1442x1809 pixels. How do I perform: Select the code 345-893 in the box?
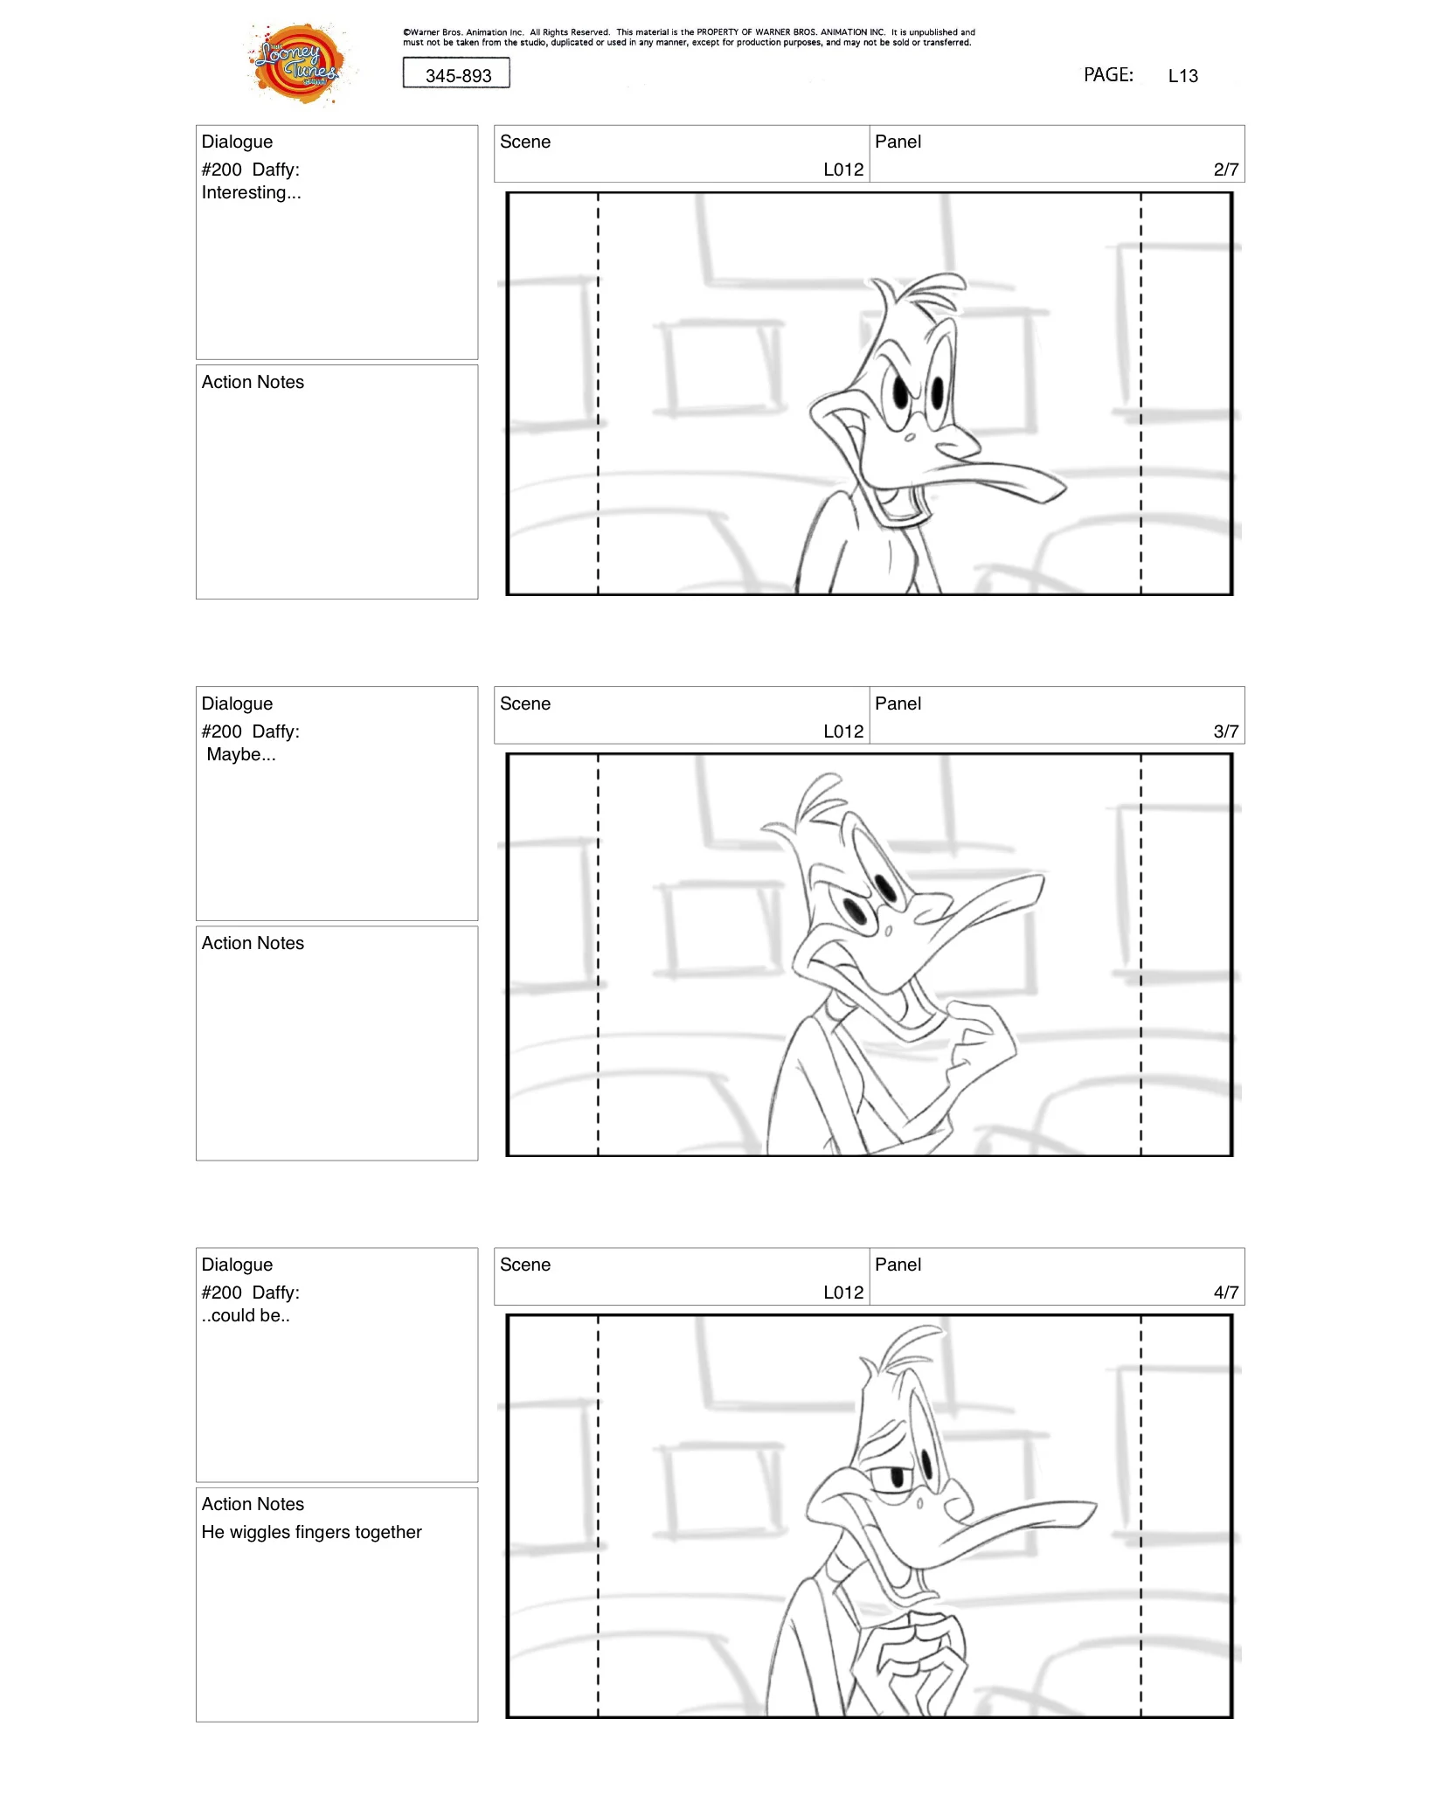point(457,75)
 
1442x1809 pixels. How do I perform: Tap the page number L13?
point(1182,76)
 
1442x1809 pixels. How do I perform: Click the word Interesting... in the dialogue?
point(251,192)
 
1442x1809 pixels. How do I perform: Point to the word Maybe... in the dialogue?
point(240,754)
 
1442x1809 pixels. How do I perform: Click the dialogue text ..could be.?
point(246,1315)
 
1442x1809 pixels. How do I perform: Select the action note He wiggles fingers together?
point(311,1532)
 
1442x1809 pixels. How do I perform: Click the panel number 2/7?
point(1225,170)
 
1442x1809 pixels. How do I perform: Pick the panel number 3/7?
point(1225,731)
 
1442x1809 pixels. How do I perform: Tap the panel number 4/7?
point(1225,1293)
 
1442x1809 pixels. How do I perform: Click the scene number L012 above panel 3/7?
point(842,731)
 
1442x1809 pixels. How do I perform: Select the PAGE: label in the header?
point(1108,75)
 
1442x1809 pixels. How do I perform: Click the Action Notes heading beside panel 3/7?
point(253,943)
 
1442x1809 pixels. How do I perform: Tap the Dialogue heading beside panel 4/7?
point(237,1265)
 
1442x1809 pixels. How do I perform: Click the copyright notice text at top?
point(688,38)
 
